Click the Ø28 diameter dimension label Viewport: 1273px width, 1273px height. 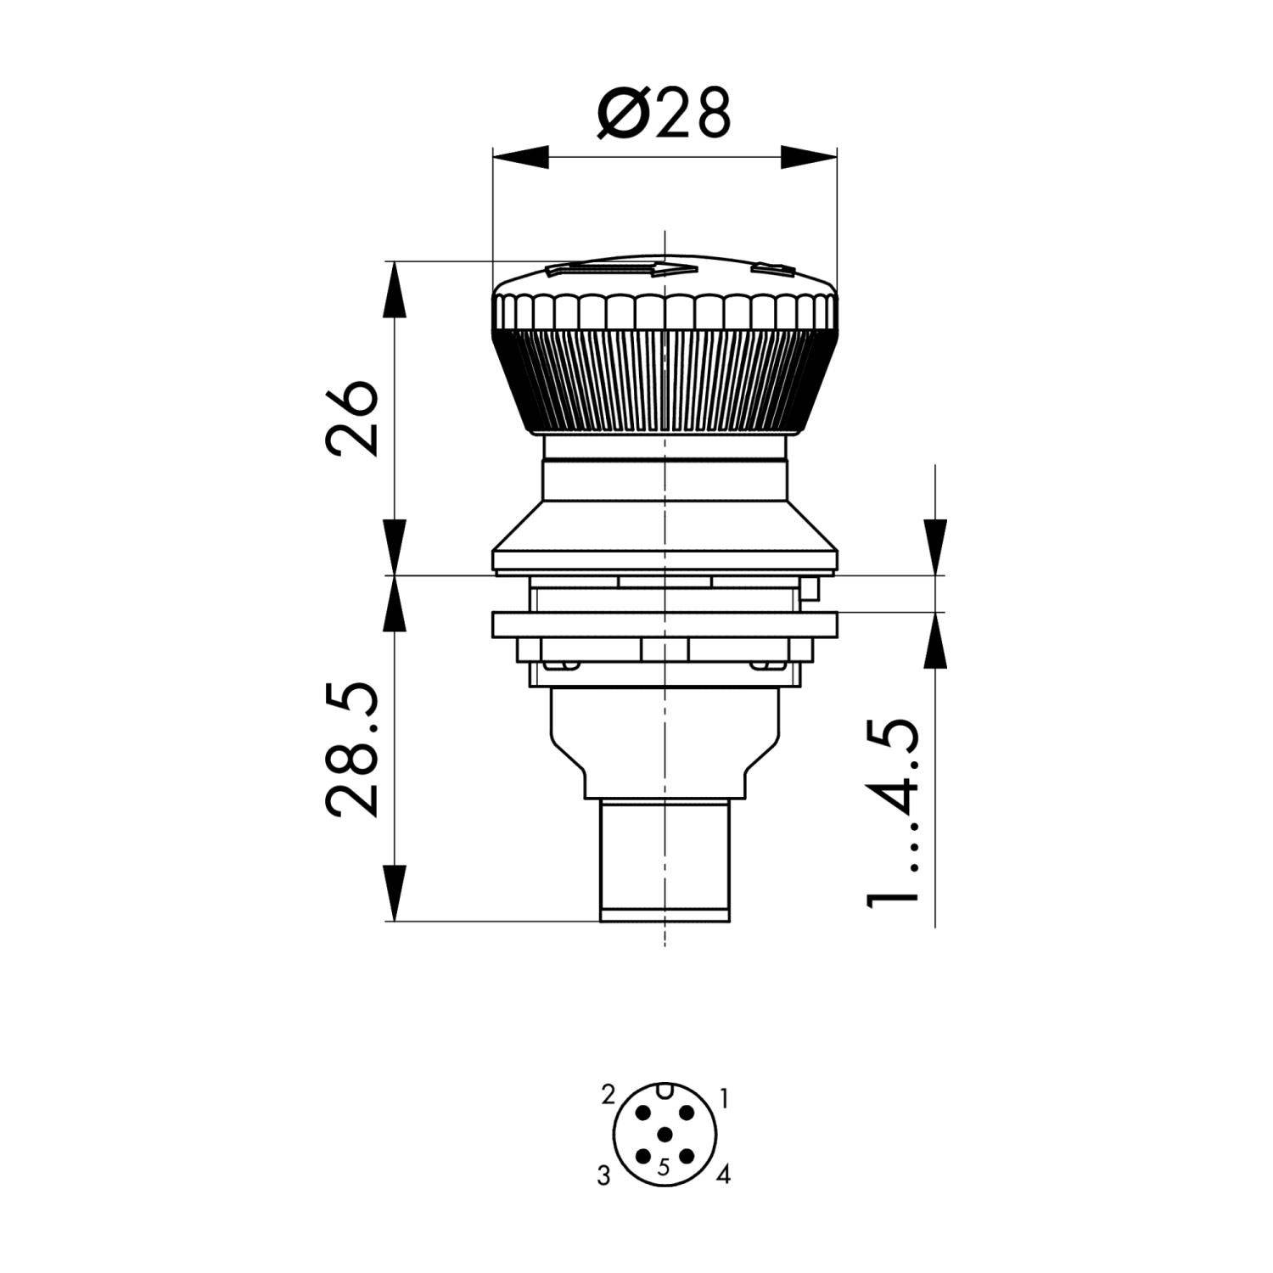point(664,113)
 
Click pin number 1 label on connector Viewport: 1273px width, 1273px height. point(723,1099)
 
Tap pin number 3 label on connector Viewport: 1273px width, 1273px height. point(603,1176)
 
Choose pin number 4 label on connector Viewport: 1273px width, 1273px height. point(723,1175)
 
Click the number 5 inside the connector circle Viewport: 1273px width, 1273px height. point(664,1167)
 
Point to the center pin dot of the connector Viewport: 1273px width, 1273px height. point(665,1135)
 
